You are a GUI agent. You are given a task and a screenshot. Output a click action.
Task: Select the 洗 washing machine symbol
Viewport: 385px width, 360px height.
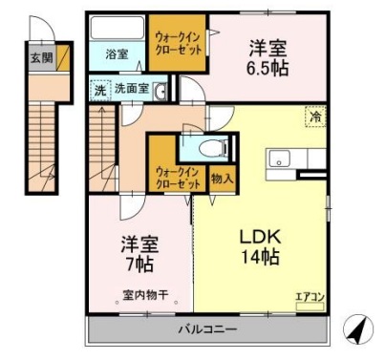pyautogui.click(x=99, y=91)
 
